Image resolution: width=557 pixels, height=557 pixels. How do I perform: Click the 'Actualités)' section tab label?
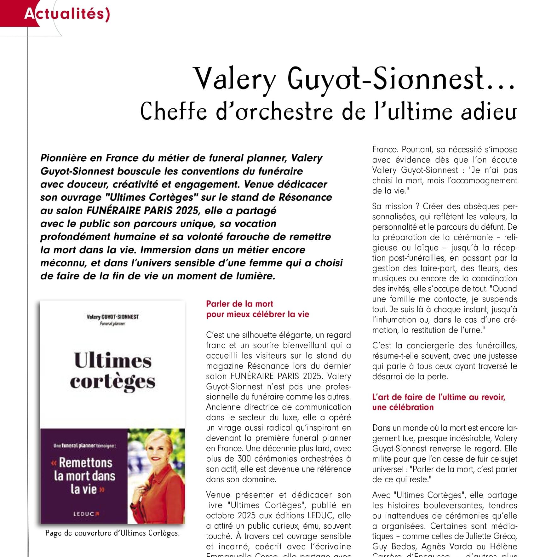[x=67, y=14]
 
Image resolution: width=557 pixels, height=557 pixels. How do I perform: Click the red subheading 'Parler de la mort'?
[x=239, y=304]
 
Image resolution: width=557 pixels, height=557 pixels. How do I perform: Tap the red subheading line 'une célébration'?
[x=403, y=407]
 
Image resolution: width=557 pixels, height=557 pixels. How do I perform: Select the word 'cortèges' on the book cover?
[x=112, y=382]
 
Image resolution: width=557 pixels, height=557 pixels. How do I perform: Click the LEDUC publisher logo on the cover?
[x=86, y=514]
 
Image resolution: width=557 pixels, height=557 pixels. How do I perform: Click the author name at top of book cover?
[x=112, y=317]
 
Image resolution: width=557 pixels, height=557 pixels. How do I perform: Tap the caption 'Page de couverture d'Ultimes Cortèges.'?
[x=112, y=533]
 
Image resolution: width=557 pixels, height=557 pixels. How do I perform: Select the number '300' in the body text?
[x=244, y=459]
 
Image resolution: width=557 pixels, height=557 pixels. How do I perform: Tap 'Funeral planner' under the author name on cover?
[x=112, y=324]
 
